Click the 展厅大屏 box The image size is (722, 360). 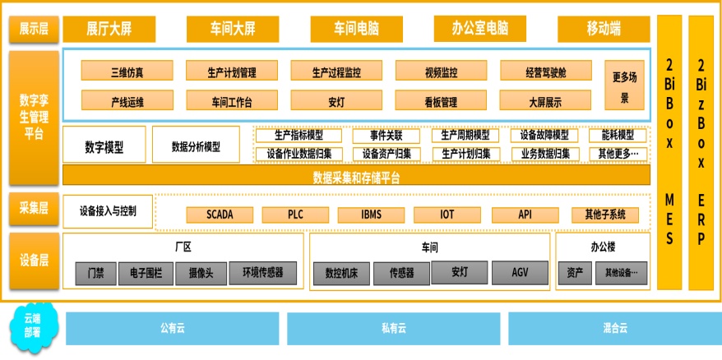point(109,29)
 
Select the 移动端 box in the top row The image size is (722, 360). point(604,29)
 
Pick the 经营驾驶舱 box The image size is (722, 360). point(545,72)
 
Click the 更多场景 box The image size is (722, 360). point(624,86)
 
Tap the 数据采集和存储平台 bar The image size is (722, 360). point(356,176)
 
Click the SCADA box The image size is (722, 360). point(220,215)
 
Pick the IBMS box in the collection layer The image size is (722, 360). point(371,215)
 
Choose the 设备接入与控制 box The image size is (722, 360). point(108,211)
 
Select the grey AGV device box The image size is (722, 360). point(519,273)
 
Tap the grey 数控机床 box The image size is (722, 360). point(340,273)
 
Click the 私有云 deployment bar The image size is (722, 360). point(393,328)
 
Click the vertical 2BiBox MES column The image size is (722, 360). point(669,152)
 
